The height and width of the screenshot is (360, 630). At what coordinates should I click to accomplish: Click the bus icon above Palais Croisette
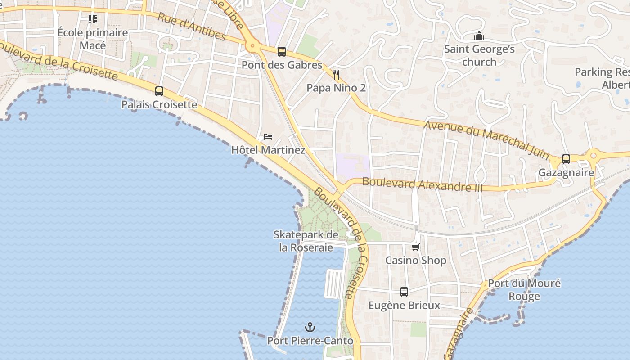click(x=159, y=91)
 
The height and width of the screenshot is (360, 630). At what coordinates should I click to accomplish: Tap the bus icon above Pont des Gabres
click(x=282, y=52)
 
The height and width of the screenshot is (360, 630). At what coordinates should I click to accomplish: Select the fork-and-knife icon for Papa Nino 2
click(x=336, y=74)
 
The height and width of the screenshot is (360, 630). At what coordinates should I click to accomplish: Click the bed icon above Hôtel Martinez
click(x=268, y=136)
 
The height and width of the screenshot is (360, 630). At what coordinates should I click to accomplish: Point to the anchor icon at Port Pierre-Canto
click(x=310, y=327)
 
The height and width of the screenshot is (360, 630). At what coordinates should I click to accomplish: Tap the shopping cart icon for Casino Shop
click(x=416, y=247)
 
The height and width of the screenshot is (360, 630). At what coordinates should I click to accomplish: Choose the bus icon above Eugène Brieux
click(x=404, y=292)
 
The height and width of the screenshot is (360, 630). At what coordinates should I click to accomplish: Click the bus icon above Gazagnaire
click(x=566, y=159)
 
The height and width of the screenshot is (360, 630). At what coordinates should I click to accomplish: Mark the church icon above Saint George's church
click(x=479, y=36)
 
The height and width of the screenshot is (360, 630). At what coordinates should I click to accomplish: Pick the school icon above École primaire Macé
click(x=93, y=19)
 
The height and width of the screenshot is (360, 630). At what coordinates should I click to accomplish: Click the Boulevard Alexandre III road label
click(x=422, y=184)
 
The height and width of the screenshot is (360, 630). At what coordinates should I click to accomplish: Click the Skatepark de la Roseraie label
click(x=306, y=241)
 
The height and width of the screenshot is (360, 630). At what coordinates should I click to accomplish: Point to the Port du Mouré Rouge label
click(x=524, y=289)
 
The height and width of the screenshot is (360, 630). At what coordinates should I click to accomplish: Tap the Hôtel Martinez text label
click(x=268, y=150)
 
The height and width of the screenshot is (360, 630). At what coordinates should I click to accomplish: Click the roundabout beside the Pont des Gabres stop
click(x=252, y=45)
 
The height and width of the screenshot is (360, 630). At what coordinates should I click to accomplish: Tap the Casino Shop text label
click(x=416, y=261)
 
